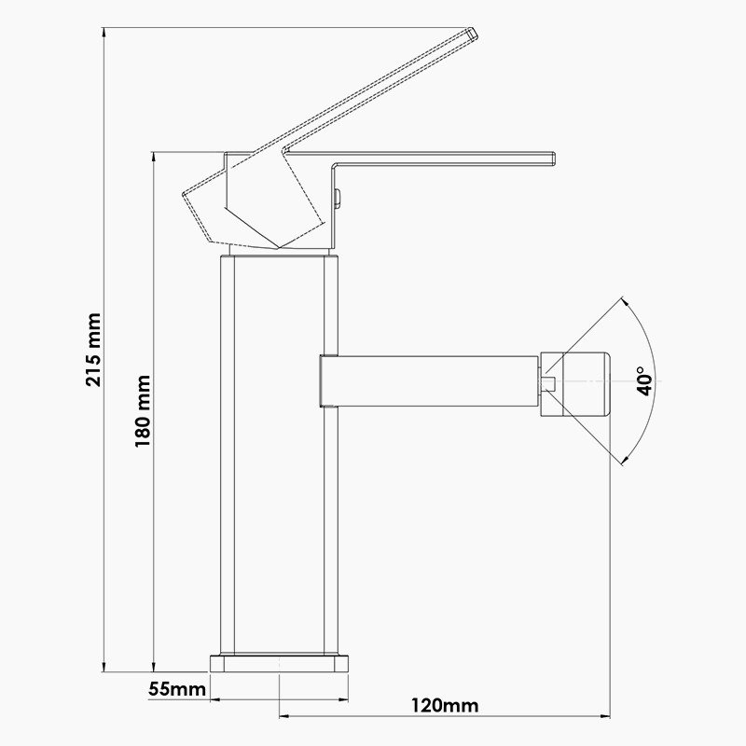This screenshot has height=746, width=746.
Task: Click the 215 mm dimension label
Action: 94,350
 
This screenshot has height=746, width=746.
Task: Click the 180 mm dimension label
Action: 143,411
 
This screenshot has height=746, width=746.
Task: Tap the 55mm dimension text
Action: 177,688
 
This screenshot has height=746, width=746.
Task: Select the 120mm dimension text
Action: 445,705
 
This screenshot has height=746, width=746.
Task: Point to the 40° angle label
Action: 645,381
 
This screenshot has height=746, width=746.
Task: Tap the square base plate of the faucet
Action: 279,664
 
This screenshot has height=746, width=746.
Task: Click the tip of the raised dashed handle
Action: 473,34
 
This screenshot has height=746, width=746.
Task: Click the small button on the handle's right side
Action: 338,198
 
